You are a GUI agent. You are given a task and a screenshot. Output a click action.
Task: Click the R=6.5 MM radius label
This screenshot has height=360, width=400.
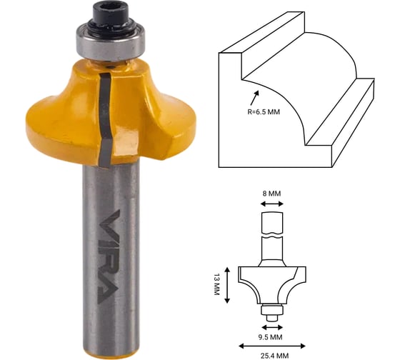point(264,111)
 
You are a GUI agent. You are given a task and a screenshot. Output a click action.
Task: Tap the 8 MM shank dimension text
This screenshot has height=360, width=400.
point(271,194)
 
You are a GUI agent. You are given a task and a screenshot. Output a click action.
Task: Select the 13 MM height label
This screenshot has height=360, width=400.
point(216,284)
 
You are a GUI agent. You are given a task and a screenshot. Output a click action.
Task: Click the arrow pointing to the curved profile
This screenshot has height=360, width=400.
point(254,98)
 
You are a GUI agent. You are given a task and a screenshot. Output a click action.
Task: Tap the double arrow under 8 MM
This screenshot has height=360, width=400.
point(272,204)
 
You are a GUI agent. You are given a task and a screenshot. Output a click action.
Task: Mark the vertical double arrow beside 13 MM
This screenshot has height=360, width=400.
point(228,285)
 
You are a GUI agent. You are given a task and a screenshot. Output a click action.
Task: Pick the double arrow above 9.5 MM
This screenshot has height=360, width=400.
point(272,327)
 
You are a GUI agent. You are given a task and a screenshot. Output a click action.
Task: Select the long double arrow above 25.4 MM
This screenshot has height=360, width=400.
point(272,346)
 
